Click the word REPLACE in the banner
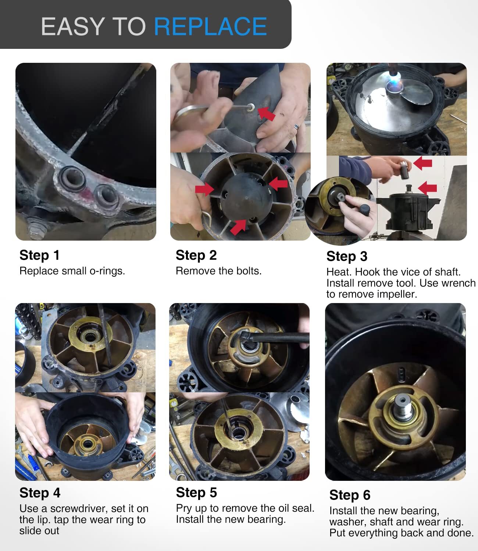click(x=210, y=26)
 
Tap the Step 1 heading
click(x=39, y=255)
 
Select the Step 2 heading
click(x=196, y=255)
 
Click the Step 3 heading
click(x=346, y=256)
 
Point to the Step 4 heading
click(x=40, y=493)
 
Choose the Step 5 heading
click(x=196, y=492)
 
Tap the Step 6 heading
click(x=350, y=495)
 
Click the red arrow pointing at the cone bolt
click(x=266, y=113)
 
